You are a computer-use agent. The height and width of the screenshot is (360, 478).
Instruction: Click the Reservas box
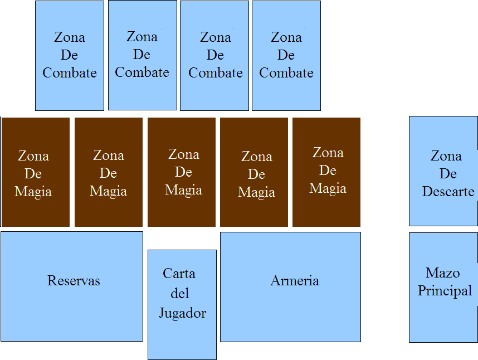tap(72, 312)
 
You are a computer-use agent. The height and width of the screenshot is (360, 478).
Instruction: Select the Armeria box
tap(290, 312)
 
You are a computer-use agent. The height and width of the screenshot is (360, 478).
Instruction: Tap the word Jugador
tap(182, 313)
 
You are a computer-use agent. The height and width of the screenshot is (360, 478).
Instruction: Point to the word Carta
tap(179, 274)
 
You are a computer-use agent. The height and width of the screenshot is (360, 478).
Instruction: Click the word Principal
tap(445, 291)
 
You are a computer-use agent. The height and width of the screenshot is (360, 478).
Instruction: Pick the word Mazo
tap(442, 273)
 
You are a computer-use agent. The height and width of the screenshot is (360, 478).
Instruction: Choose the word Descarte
tap(448, 192)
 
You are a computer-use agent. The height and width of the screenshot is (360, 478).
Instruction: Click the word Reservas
tap(74, 280)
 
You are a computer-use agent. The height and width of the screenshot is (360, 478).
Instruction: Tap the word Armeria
tap(295, 280)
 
